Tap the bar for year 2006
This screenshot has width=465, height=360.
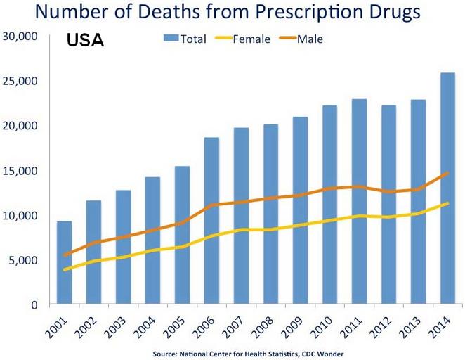pos(211,221)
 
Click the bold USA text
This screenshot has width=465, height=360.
pos(85,41)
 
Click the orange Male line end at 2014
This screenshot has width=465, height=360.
pos(447,173)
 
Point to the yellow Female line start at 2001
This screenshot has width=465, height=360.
pos(64,269)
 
